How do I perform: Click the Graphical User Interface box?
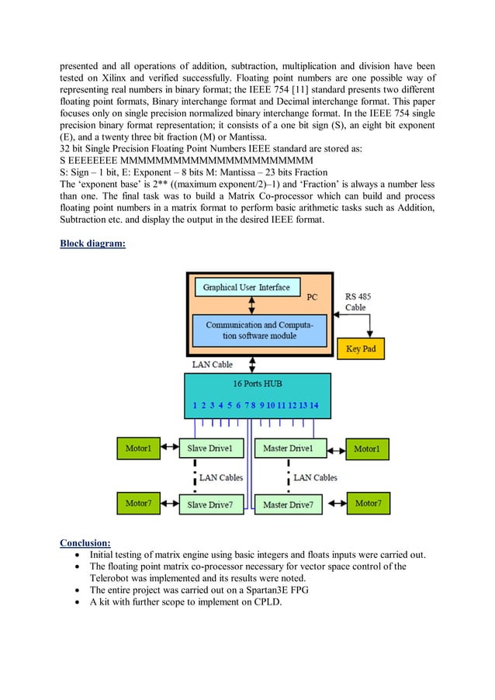[246, 288]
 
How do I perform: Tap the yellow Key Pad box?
[360, 348]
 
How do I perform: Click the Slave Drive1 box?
[211, 449]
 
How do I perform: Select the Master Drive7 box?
[287, 505]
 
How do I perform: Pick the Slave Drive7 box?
[211, 505]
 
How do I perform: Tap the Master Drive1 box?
[287, 449]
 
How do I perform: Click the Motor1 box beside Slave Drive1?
[138, 449]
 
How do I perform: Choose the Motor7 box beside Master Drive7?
[368, 504]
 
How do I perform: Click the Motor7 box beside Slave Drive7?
[138, 504]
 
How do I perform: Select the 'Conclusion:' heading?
[85, 542]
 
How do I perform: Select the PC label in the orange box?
[312, 297]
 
